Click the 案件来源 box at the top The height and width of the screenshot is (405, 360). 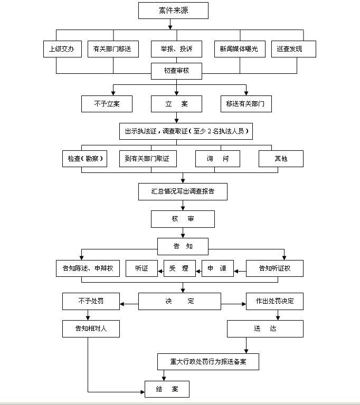click(173, 11)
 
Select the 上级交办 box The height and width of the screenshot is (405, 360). click(63, 49)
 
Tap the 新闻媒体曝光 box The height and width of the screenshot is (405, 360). click(240, 49)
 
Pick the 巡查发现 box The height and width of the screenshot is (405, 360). click(293, 49)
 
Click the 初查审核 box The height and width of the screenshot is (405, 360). click(176, 71)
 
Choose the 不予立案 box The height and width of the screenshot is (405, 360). click(107, 104)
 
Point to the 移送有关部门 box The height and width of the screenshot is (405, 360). click(246, 104)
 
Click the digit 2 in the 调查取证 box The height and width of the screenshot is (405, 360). click(209, 131)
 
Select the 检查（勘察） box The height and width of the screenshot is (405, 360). click(84, 159)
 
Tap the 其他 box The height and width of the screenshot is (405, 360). click(281, 159)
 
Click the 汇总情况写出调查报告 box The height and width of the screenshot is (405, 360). click(183, 191)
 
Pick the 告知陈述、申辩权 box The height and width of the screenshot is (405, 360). click(88, 268)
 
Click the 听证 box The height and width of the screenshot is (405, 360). click(141, 268)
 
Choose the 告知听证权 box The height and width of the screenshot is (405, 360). click(274, 268)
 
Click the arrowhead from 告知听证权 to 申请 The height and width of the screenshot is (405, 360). click(236, 272)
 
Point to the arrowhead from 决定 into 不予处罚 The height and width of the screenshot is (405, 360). click(122, 304)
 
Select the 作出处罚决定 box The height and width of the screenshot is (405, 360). click(274, 302)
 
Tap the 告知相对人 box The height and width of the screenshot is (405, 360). click(91, 329)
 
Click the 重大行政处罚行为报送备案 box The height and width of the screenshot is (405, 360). click(208, 362)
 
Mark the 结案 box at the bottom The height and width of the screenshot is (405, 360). click(167, 389)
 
